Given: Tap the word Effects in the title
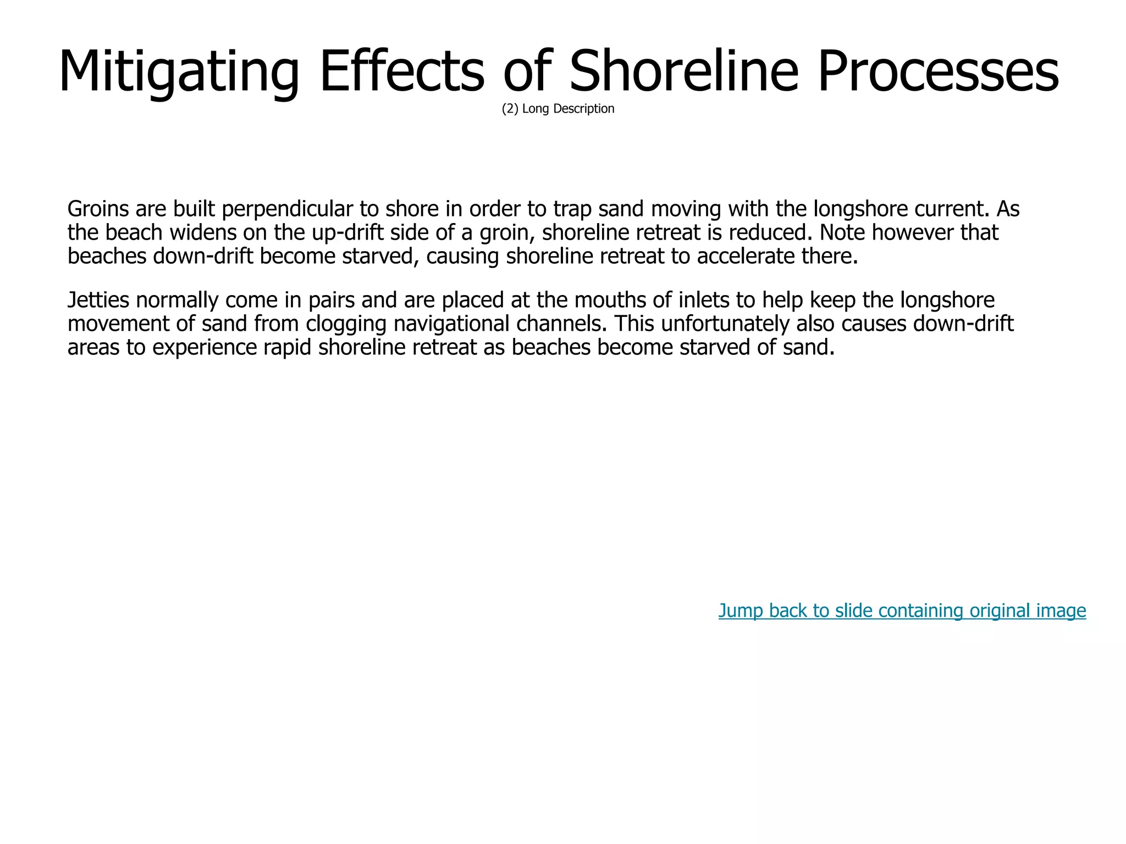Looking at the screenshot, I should (x=402, y=71).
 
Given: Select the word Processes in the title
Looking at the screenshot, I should (x=938, y=71).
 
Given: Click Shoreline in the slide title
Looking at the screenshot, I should (x=684, y=71).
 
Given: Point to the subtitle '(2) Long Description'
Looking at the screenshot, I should (x=558, y=109).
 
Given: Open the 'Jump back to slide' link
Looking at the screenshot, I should (x=902, y=610).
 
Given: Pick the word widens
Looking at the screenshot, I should (x=202, y=233).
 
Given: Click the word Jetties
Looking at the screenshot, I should (x=98, y=301).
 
